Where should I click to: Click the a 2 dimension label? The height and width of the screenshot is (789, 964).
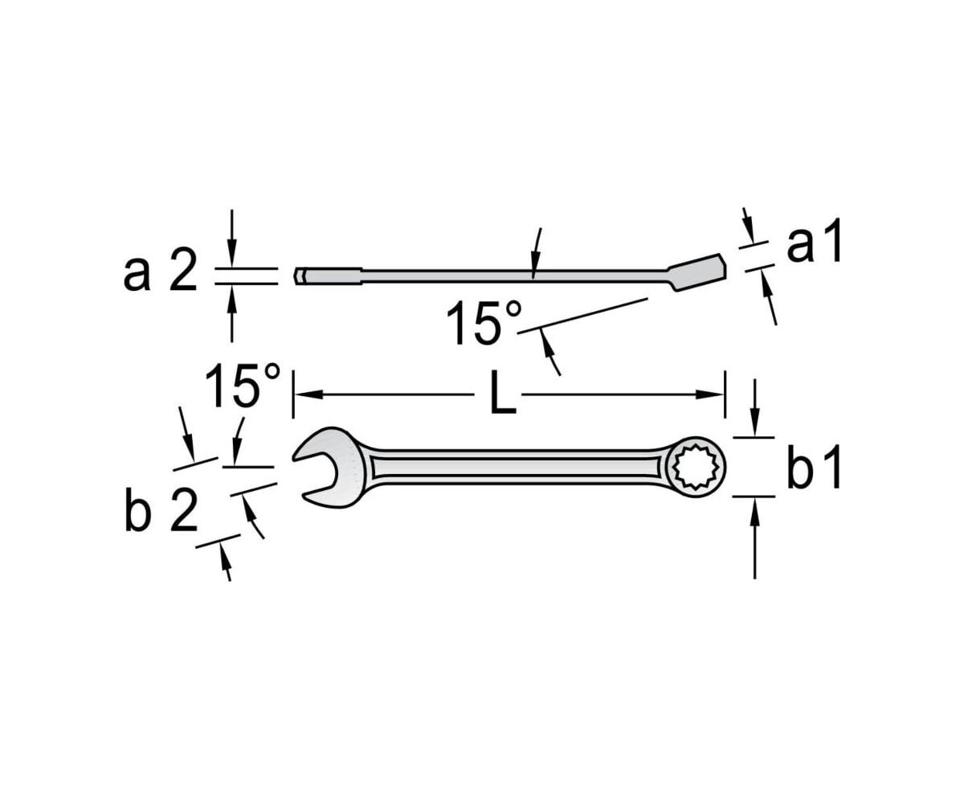tap(160, 273)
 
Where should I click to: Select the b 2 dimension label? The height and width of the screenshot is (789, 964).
tap(161, 513)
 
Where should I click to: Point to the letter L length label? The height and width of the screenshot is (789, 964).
tap(502, 394)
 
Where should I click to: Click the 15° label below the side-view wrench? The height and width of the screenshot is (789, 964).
tap(484, 323)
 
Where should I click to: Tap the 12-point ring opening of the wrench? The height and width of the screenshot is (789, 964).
tap(694, 467)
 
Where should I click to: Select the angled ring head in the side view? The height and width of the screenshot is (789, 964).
tap(696, 272)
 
